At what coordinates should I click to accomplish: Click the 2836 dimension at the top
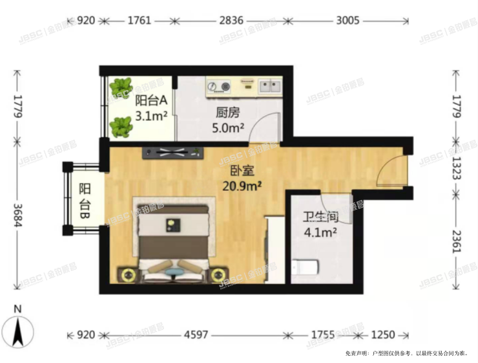[x=231, y=21]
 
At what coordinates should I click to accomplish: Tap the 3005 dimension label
[x=348, y=21]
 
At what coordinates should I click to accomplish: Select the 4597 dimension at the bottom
[x=196, y=335]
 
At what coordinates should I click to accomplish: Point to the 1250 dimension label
[x=383, y=335]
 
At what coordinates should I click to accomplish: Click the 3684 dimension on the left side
[x=17, y=215]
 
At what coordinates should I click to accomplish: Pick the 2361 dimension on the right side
[x=456, y=241]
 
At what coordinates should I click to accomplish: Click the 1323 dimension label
[x=456, y=168]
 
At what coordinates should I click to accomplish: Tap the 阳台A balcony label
[x=151, y=100]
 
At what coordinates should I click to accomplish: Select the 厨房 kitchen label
[x=228, y=113]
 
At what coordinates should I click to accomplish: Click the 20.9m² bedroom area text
[x=242, y=186]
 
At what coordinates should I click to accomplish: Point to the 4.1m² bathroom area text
[x=320, y=233]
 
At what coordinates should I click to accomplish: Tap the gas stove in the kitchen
[x=218, y=87]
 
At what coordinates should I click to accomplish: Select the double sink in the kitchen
[x=270, y=86]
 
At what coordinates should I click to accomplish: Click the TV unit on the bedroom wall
[x=173, y=152]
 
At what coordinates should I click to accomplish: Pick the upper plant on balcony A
[x=121, y=87]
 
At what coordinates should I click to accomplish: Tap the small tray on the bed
[x=173, y=225]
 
